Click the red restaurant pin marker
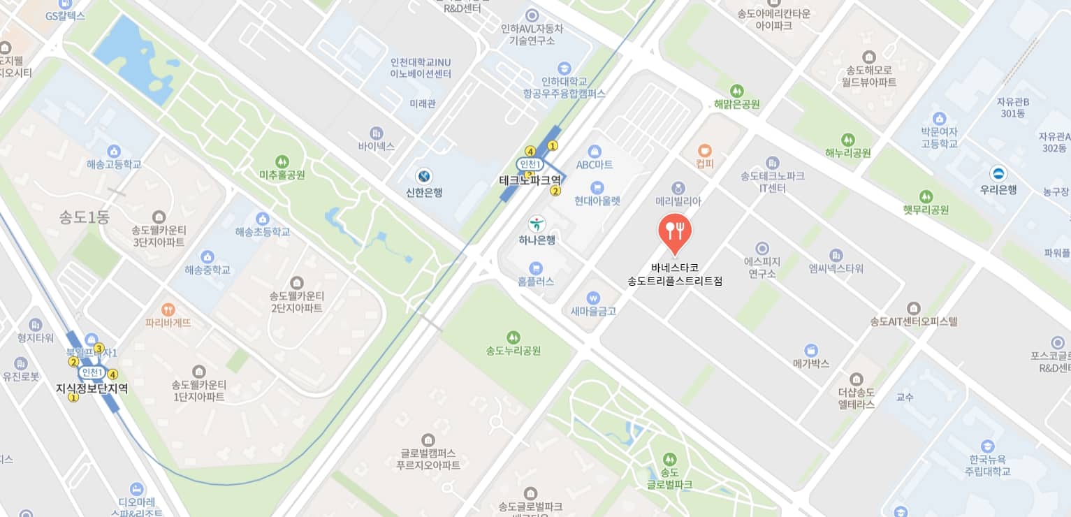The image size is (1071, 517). coord(675,231)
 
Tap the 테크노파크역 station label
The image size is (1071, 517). coord(530,180)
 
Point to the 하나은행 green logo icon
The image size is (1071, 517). coord(537,224)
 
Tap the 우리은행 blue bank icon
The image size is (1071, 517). coord(998,173)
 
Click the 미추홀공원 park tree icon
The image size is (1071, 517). coord(282,161)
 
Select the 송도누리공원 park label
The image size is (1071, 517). coord(513,351)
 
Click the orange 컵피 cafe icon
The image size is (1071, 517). coord(705,150)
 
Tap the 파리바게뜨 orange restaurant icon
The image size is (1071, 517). coord(168,309)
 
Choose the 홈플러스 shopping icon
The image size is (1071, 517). coord(536,268)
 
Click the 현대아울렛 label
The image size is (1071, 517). coord(597,201)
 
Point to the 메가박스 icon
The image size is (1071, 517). coord(811,349)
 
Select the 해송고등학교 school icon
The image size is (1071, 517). coord(114,151)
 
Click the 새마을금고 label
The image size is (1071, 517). coord(593,312)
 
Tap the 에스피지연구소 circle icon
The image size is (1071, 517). coord(762,248)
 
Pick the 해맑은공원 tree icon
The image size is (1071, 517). coord(736,91)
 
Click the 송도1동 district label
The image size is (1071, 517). coord(85,217)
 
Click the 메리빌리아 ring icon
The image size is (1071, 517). coord(678,187)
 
